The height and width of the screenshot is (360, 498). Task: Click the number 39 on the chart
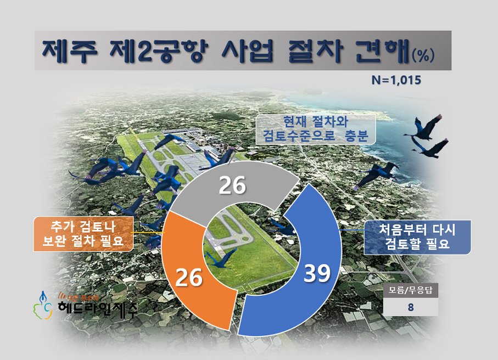point(317,273)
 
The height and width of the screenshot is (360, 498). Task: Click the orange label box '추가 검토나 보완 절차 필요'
point(83,234)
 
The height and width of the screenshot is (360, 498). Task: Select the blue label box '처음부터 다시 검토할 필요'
point(418,237)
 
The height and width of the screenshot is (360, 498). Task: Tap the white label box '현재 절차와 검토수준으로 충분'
point(316,129)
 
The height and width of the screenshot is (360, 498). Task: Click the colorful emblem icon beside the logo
point(42,305)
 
